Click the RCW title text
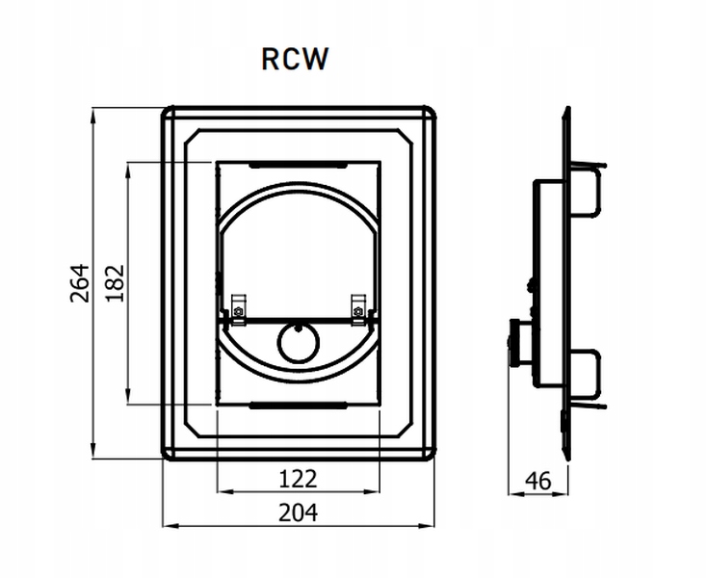[295, 59]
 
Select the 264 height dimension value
[80, 283]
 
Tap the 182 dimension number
[115, 283]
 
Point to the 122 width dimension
[298, 479]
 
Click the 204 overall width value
[298, 512]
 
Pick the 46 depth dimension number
[537, 481]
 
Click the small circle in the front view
[299, 344]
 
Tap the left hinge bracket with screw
[238, 309]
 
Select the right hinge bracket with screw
[359, 309]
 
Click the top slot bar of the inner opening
[298, 166]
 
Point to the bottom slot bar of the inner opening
[298, 406]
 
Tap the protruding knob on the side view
[515, 342]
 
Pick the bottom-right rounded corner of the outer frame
[431, 455]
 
